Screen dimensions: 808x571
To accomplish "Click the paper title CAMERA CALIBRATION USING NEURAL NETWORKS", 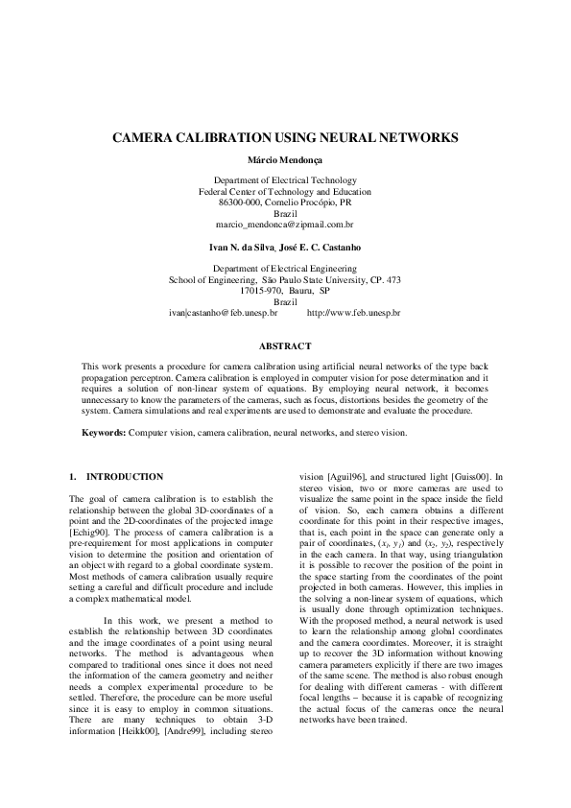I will pyautogui.click(x=285, y=138).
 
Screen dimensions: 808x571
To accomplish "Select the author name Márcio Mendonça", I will pyautogui.click(x=285, y=159).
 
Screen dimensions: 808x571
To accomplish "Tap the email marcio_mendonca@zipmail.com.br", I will pyautogui.click(x=285, y=223).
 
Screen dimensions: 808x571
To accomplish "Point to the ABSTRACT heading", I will pyautogui.click(x=285, y=345).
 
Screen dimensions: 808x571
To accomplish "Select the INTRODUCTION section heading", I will pyautogui.click(x=125, y=477).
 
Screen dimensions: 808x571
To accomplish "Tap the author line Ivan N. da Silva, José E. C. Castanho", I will pyautogui.click(x=285, y=248).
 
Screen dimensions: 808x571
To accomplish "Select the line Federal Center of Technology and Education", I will pyautogui.click(x=285, y=191).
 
